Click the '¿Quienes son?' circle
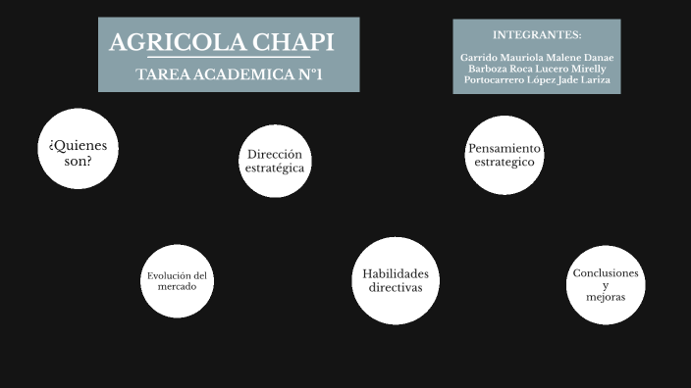point(79,149)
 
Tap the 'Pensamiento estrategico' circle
point(505,155)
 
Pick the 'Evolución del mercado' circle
point(178,281)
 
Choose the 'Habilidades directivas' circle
point(395,280)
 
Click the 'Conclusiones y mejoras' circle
point(606,284)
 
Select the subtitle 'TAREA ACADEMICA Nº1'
point(230,74)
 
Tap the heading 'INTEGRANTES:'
point(537,34)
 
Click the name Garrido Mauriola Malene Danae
point(537,58)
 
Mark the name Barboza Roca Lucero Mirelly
point(537,69)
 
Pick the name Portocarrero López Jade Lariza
point(537,80)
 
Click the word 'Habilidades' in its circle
point(396,274)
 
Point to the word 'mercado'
point(178,287)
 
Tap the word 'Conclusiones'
point(606,273)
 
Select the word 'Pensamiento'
point(505,148)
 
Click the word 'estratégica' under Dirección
point(275,168)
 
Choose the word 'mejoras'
point(606,297)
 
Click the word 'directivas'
point(396,288)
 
